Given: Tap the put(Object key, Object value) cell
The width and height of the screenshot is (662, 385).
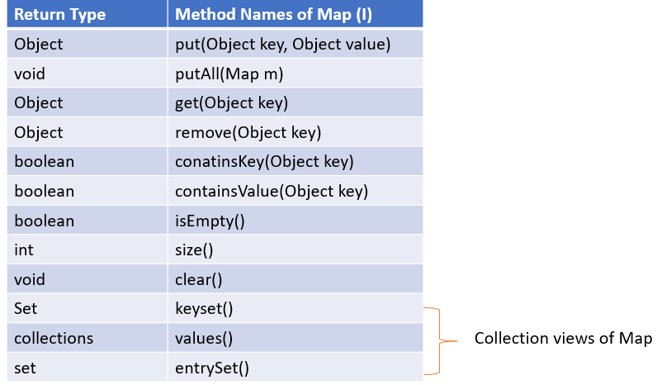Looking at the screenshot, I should [282, 44].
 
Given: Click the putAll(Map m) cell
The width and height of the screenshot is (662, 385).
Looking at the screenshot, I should [229, 74].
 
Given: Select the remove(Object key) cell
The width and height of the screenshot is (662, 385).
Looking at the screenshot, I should [248, 132].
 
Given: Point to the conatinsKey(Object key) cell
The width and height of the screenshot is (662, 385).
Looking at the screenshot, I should [264, 162].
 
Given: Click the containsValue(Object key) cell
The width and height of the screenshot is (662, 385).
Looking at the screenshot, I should [271, 192].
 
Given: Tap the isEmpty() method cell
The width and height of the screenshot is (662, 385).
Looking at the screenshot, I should [210, 221].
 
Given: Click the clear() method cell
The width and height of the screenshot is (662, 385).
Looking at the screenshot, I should [199, 280].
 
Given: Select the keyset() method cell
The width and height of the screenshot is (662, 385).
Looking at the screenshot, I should [205, 309].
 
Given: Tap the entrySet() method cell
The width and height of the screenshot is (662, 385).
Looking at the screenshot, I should [212, 368].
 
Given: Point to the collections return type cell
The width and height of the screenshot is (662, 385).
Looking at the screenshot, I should [54, 339].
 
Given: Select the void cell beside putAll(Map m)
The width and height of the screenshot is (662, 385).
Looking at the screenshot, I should [30, 74].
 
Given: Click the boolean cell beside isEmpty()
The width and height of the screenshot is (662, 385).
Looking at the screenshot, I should [44, 221].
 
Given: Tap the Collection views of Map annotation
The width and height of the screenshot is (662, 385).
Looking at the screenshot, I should [563, 339].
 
